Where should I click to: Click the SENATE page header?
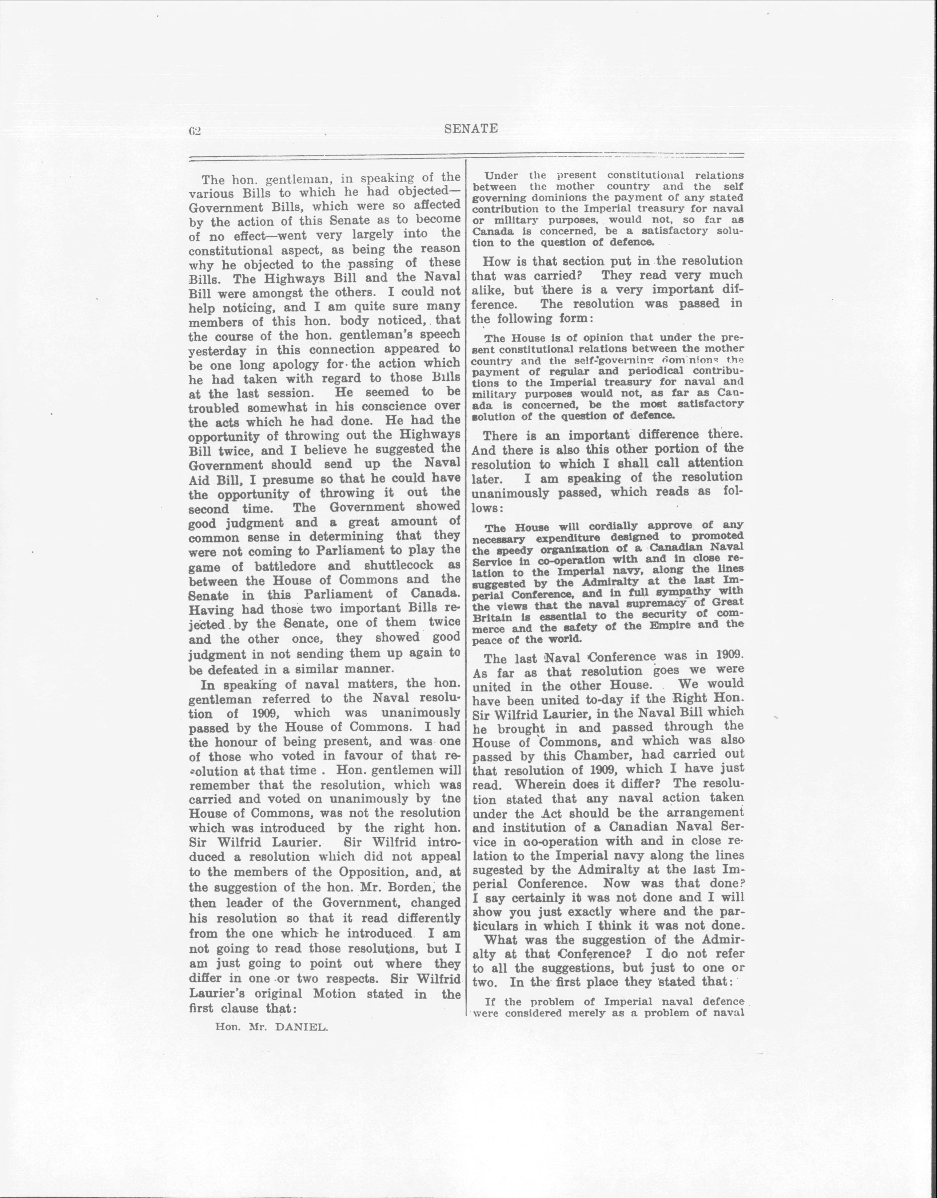tap(470, 129)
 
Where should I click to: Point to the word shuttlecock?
tap(398, 565)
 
